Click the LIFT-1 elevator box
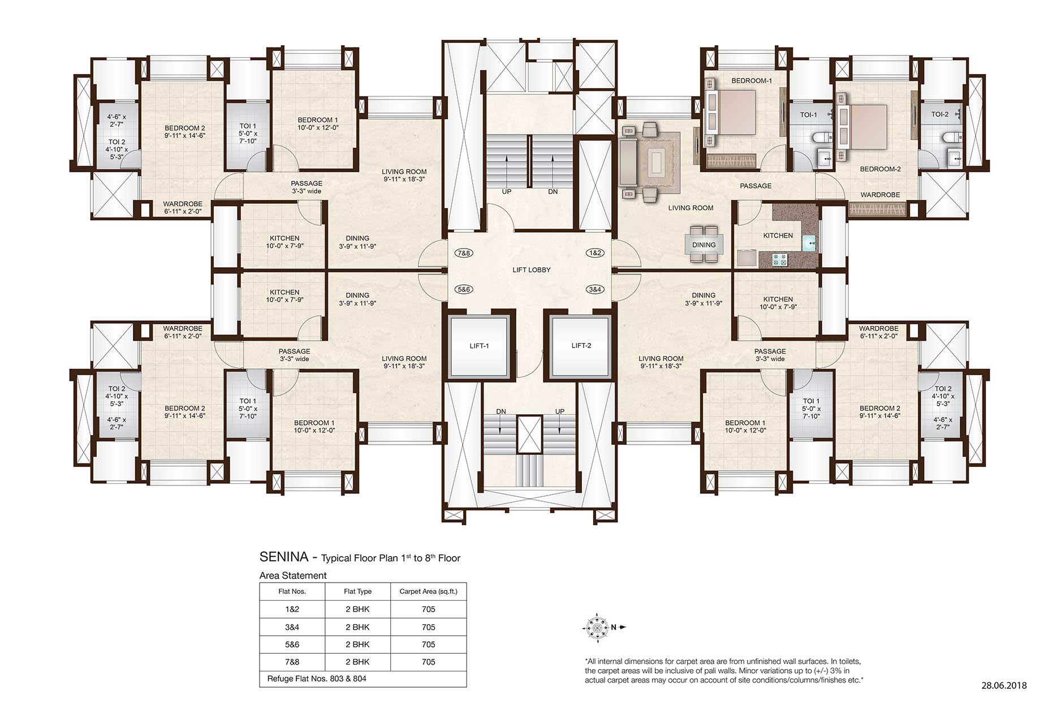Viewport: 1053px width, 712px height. (479, 346)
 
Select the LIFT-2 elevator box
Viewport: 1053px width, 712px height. (581, 346)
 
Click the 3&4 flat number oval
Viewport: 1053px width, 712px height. (595, 289)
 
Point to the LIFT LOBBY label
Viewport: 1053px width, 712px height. (532, 270)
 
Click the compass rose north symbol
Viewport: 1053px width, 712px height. (597, 627)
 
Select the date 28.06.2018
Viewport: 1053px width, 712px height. (1004, 686)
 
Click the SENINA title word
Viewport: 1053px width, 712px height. (284, 557)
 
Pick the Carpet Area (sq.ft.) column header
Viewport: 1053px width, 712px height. (429, 592)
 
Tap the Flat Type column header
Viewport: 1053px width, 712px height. (358, 592)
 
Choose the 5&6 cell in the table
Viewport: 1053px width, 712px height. (292, 644)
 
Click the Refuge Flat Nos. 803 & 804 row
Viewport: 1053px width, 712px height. (317, 679)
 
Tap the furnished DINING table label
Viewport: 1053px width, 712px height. (704, 245)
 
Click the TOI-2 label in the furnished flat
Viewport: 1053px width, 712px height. (940, 115)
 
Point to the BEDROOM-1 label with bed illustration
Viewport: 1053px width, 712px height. (752, 81)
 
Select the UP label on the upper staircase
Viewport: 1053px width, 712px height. (507, 192)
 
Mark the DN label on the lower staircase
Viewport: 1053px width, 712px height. (501, 411)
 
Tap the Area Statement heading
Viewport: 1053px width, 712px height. (293, 576)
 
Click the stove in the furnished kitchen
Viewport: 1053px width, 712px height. (780, 260)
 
